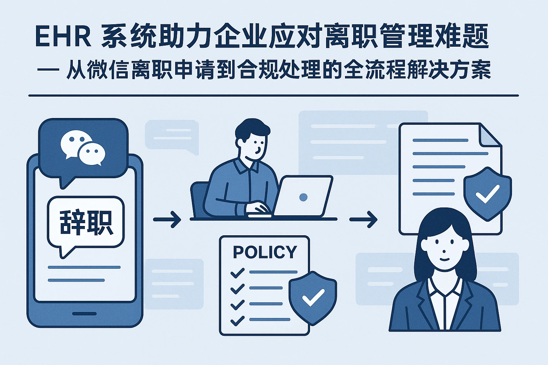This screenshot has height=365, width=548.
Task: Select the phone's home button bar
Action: tap(84, 314)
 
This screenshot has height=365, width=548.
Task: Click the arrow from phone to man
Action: tap(167, 219)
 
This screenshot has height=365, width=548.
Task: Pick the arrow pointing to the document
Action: tap(363, 219)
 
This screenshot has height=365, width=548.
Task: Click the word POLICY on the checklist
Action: tap(265, 252)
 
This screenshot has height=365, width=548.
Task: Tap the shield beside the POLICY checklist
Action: tap(313, 297)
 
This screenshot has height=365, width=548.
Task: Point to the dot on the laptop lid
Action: tap(304, 197)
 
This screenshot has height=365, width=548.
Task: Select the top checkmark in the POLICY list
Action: tap(237, 273)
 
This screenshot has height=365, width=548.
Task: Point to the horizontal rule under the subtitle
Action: tap(273, 96)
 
